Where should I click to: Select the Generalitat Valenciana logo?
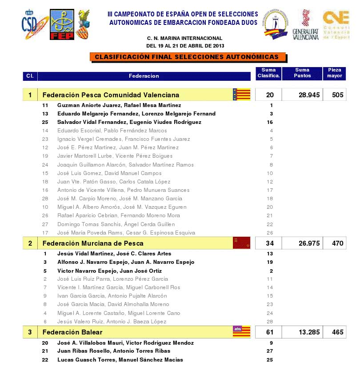tap(306, 25)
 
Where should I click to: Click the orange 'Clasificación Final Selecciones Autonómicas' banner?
tap(187, 57)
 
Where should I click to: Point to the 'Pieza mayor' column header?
tap(335, 73)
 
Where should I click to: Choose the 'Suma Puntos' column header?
tap(302, 73)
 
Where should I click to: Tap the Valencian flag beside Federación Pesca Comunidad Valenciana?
tap(241, 95)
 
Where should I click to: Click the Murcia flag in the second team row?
tap(241, 243)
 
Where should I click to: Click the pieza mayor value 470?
tap(335, 243)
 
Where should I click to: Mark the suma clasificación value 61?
tap(270, 332)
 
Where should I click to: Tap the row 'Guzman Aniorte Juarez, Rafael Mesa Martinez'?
tap(119, 105)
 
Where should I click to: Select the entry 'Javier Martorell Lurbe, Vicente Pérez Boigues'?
tap(115, 156)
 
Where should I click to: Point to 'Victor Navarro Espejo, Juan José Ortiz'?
tap(109, 271)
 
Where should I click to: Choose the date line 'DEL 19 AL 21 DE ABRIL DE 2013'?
tap(185, 46)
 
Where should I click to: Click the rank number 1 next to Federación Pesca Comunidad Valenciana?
tap(30, 95)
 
